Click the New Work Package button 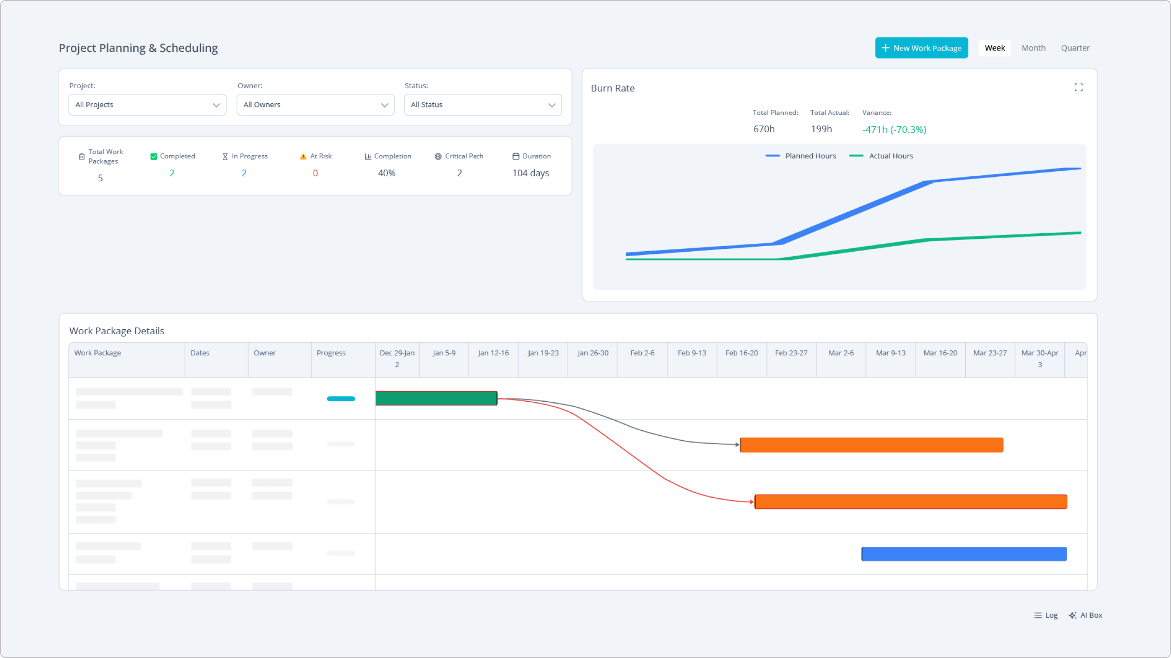pos(921,48)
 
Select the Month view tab pos(1033,48)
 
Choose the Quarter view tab pos(1075,48)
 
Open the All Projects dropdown pos(147,105)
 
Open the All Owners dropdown pos(315,105)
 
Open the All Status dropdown pos(482,105)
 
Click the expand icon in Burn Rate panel pos(1078,87)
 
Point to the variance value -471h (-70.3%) pos(894,129)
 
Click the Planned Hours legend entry pos(801,156)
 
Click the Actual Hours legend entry pos(881,156)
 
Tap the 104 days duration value pos(530,173)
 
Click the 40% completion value pos(386,173)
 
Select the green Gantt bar pos(436,398)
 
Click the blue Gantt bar pos(963,554)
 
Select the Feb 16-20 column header pos(741,353)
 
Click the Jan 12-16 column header pos(493,353)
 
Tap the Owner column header pos(265,353)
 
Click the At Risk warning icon pos(303,157)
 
